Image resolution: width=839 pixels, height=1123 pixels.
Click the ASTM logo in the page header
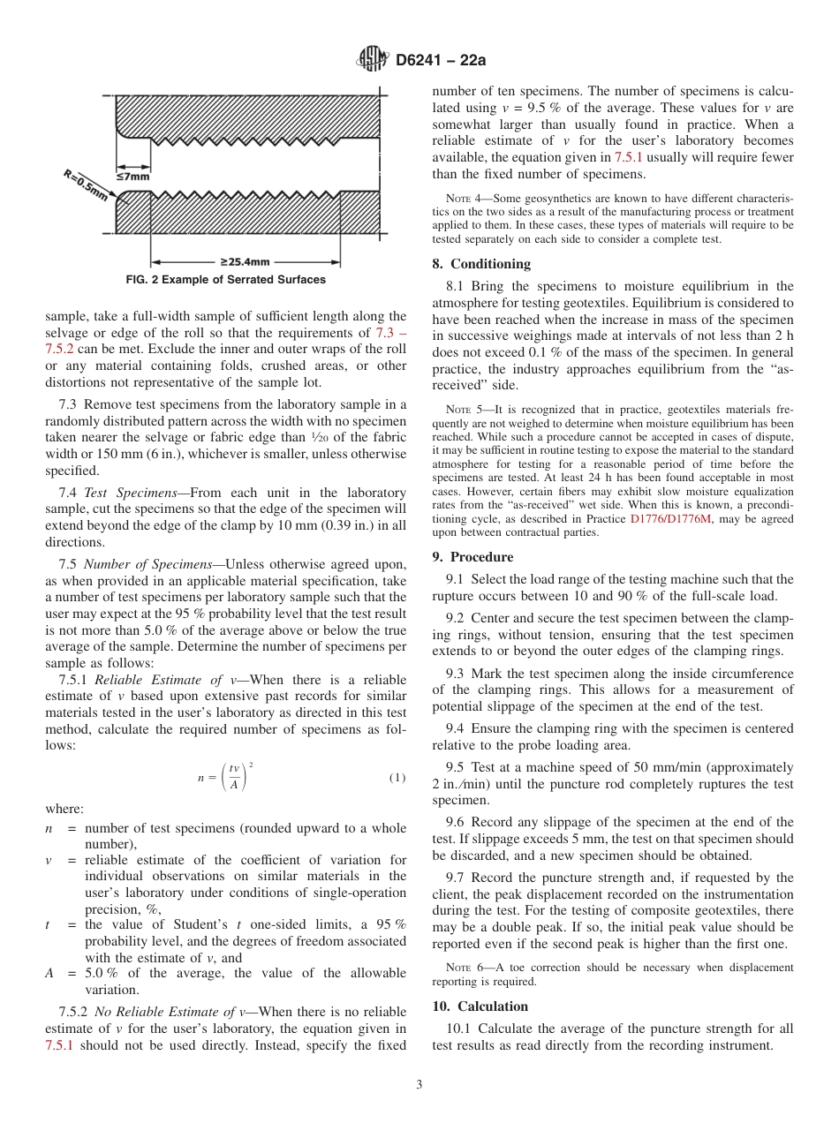click(x=372, y=60)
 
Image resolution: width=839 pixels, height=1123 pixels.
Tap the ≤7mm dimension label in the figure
click(x=133, y=177)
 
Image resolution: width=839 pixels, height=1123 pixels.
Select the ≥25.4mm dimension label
click(x=245, y=261)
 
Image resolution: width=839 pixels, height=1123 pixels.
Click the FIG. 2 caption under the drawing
click(x=225, y=280)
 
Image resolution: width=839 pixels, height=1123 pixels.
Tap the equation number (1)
click(x=397, y=778)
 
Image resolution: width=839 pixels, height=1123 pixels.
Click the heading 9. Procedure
click(x=472, y=557)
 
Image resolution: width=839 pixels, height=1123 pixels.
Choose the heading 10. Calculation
click(x=480, y=1006)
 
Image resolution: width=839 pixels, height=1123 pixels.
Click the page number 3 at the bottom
click(x=419, y=1085)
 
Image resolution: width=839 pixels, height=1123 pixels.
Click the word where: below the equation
click(x=64, y=809)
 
